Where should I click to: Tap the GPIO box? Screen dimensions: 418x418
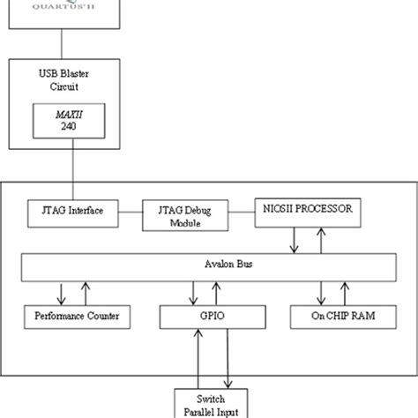pyautogui.click(x=210, y=316)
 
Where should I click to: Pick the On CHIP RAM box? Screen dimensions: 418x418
pyautogui.click(x=340, y=316)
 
